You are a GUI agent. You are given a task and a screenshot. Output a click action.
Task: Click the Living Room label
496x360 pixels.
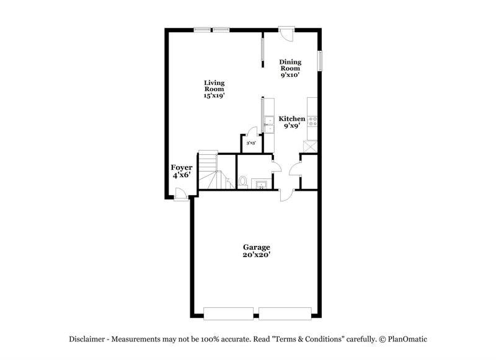tap(214, 89)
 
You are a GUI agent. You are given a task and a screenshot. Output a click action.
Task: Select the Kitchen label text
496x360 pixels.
tap(291, 119)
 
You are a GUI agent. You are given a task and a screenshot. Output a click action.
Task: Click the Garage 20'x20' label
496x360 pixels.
tap(256, 250)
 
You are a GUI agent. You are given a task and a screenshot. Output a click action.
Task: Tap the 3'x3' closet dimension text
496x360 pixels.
tap(251, 143)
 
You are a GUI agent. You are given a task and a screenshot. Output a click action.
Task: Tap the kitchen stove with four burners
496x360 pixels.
tap(313, 122)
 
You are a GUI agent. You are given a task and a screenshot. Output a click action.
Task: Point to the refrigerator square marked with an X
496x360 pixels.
tap(309, 145)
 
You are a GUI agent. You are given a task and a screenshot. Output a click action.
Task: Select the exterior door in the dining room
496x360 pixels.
tap(286, 33)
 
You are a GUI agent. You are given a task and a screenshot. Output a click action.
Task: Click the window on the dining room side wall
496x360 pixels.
tap(321, 61)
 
